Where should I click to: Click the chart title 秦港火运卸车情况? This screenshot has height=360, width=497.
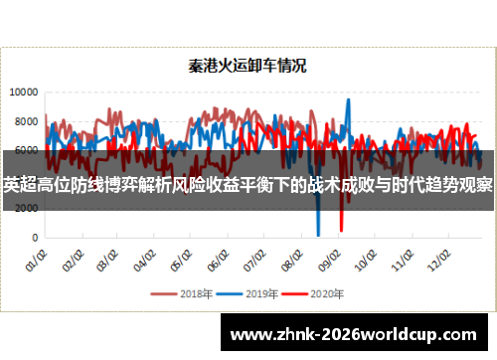point(248,67)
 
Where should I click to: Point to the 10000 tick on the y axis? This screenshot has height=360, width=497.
point(24,91)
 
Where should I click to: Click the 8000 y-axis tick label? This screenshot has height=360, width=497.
point(26,121)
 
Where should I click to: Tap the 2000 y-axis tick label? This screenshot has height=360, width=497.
point(26,209)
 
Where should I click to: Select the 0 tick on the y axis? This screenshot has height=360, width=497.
point(35,238)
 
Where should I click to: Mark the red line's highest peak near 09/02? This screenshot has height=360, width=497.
point(347,100)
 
